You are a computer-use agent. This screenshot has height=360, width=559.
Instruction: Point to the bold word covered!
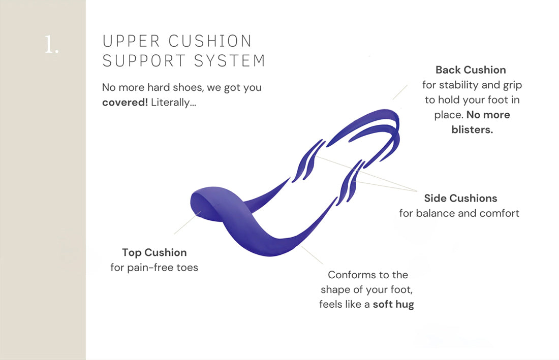pos(125,102)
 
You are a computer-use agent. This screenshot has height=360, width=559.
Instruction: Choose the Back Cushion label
pos(471,70)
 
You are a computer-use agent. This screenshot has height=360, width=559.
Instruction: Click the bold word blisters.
pos(472,129)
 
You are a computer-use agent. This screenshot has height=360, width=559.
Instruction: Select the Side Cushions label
pos(460,198)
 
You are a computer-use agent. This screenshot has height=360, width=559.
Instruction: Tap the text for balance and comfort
pos(459,213)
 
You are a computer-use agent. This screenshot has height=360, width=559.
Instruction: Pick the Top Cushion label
pos(154,252)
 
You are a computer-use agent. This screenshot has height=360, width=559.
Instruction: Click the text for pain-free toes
pos(154,267)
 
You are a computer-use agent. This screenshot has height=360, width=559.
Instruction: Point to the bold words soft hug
pos(393,305)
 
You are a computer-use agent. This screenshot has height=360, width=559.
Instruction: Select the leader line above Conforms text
pos(312,254)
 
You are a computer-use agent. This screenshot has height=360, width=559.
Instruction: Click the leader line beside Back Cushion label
pos(400,92)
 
